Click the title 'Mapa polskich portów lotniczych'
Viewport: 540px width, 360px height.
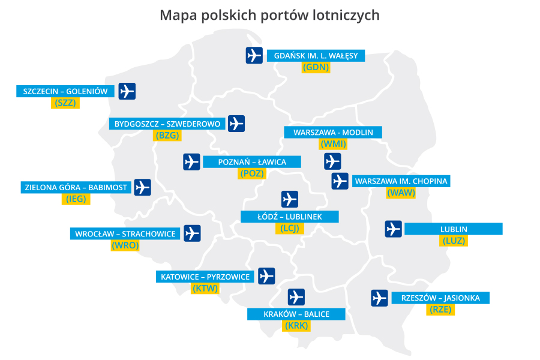(x=269, y=15)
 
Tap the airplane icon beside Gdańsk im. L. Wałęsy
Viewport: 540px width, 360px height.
(x=254, y=55)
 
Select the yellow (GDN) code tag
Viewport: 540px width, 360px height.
(x=316, y=67)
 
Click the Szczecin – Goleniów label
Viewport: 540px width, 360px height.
(x=65, y=91)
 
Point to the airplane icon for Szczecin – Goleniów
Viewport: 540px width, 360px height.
(x=127, y=91)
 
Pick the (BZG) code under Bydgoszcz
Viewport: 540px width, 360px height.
(x=167, y=136)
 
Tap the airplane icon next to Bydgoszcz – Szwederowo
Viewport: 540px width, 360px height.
(x=236, y=124)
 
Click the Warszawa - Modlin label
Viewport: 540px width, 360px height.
(x=333, y=132)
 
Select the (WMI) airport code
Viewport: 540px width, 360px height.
(x=334, y=144)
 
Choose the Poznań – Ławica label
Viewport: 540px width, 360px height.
(x=252, y=162)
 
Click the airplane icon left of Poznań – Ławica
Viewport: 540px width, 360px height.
(x=191, y=162)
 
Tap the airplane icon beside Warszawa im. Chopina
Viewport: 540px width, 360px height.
(x=340, y=181)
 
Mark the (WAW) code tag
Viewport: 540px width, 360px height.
(x=401, y=193)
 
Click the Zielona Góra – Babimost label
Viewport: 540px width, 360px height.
(x=76, y=187)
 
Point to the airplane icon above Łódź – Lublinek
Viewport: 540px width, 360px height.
(x=290, y=199)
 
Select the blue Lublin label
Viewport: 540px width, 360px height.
(x=454, y=229)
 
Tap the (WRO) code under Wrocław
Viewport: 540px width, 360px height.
(x=125, y=245)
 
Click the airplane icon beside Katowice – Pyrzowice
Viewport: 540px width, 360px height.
(x=266, y=276)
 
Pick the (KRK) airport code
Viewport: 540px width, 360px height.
(x=296, y=326)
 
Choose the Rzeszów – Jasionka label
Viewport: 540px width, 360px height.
(x=440, y=298)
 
